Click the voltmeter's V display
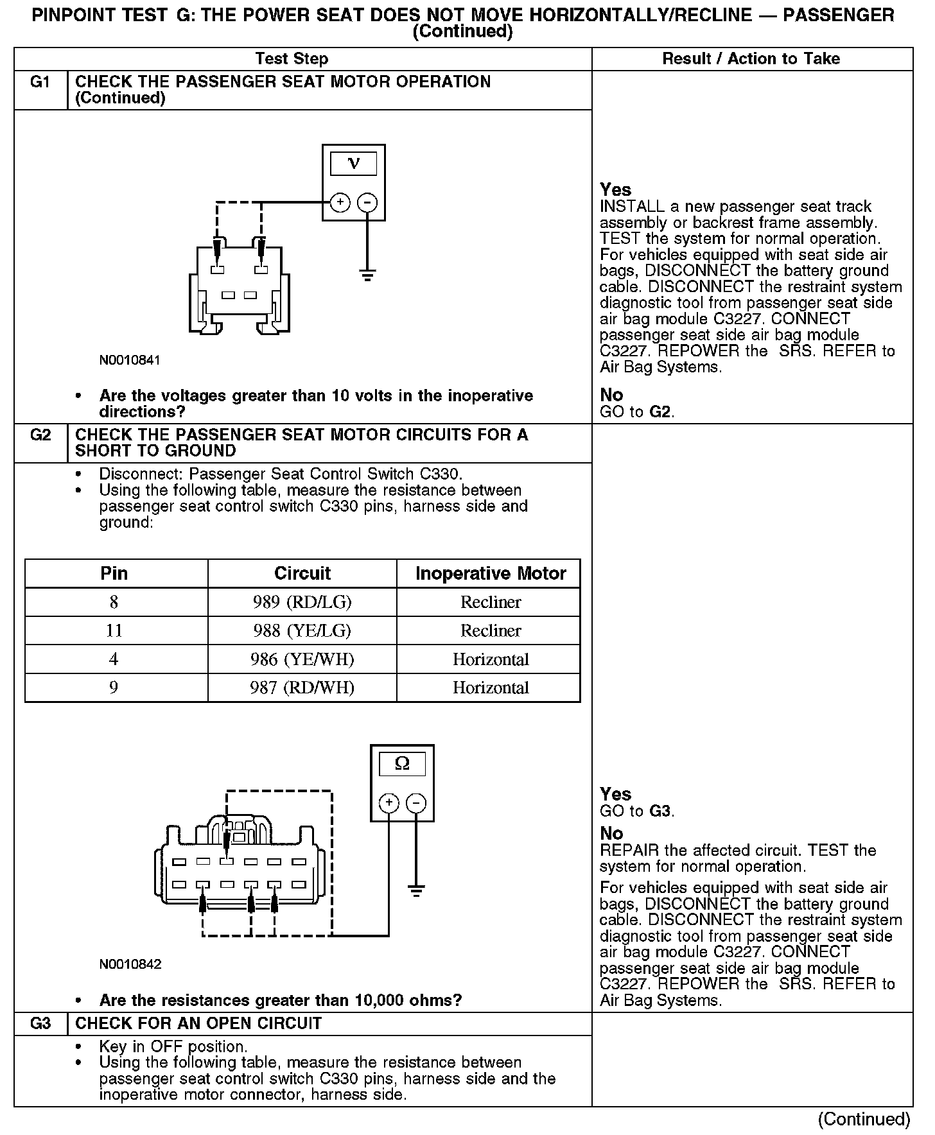(x=353, y=164)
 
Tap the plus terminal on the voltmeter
(x=340, y=203)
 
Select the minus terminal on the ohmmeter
(x=417, y=803)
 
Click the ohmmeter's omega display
(x=402, y=763)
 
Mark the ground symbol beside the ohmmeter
(x=417, y=890)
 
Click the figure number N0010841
(x=130, y=360)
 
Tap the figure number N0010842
(x=130, y=964)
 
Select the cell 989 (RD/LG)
(x=302, y=602)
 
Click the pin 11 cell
(x=114, y=630)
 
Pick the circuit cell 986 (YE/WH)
(x=302, y=659)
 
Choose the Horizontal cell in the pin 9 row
(x=491, y=688)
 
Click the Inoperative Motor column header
(x=491, y=573)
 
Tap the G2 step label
(x=40, y=435)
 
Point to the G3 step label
(x=40, y=1023)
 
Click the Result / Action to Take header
(x=751, y=59)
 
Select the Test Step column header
(x=292, y=59)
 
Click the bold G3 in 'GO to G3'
(x=660, y=811)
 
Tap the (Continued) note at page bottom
(x=864, y=1120)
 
